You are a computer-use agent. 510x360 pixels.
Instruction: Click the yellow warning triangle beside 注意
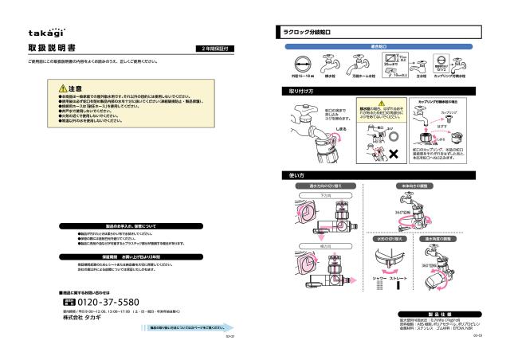[63, 87]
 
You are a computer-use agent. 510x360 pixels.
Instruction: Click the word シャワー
[379, 277]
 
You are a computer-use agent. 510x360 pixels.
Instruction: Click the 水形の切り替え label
[390, 238]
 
